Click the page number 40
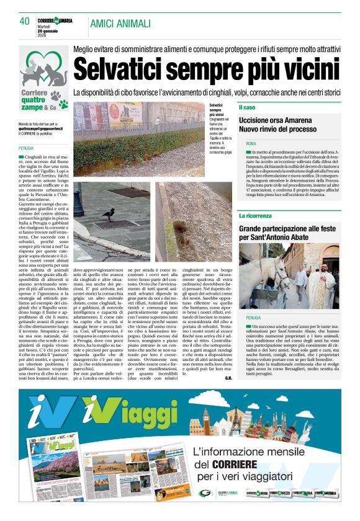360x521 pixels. pyautogui.click(x=25, y=22)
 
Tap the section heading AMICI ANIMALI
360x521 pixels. pyautogui.click(x=120, y=24)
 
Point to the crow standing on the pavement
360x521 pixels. pyautogui.click(x=109, y=214)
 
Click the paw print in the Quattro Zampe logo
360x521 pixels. pyautogui.click(x=60, y=96)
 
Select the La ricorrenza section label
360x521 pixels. pyautogui.click(x=256, y=216)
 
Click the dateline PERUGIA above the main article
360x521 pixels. pyautogui.click(x=26, y=149)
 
